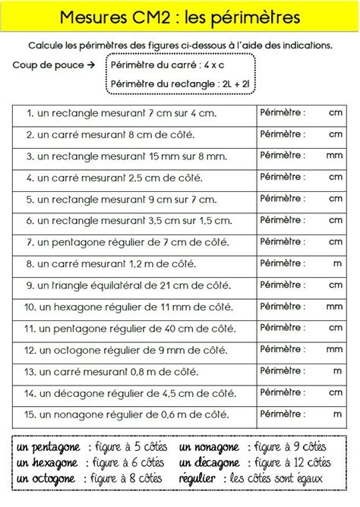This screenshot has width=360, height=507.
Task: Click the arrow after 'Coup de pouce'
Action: point(91,65)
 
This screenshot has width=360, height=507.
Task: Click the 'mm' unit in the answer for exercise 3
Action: point(334,156)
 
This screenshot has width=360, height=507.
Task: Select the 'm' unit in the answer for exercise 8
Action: point(337,263)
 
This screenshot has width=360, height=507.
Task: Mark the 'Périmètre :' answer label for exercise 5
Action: point(283,199)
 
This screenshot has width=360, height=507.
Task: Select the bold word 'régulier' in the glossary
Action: point(199,478)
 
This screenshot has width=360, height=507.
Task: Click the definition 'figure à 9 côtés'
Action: point(292,447)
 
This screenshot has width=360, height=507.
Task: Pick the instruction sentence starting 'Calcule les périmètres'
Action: point(180,45)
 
